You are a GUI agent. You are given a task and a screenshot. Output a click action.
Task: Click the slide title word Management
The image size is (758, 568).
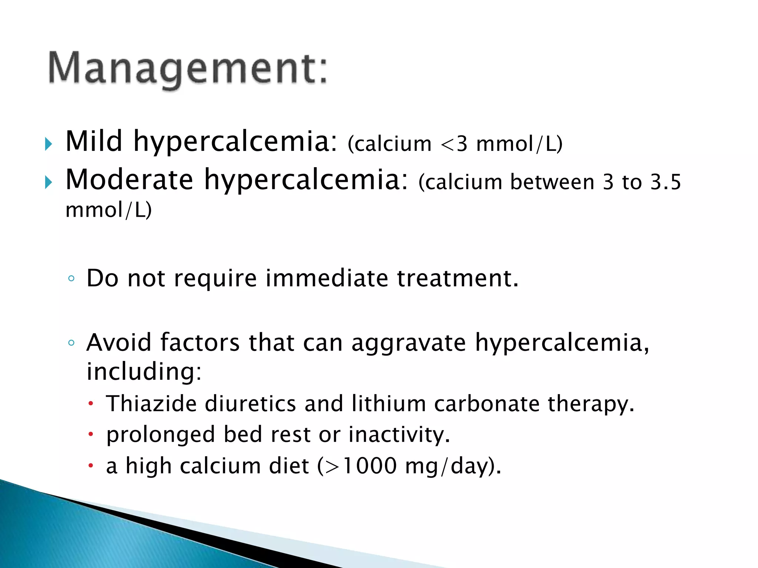coord(188,69)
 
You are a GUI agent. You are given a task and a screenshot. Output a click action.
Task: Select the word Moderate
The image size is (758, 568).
coord(129,180)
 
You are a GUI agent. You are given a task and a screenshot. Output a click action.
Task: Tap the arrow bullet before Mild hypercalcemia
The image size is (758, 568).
coord(48,144)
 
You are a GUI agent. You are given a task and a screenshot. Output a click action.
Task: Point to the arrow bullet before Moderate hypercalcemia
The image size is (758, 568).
coord(48,182)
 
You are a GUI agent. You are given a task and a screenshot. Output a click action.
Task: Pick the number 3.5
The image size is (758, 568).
coord(666,182)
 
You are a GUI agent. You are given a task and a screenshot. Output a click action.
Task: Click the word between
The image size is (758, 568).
coord(552,182)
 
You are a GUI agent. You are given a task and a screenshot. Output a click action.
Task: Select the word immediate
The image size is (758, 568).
coord(327,278)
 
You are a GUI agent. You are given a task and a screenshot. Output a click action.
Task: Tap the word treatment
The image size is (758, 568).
coord(457,278)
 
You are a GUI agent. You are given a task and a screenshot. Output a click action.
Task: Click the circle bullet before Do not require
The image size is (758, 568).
coord(71,278)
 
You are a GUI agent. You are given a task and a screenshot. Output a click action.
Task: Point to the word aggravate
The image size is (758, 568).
coord(409,343)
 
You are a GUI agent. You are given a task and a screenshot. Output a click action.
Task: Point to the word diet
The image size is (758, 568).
coord(289,466)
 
